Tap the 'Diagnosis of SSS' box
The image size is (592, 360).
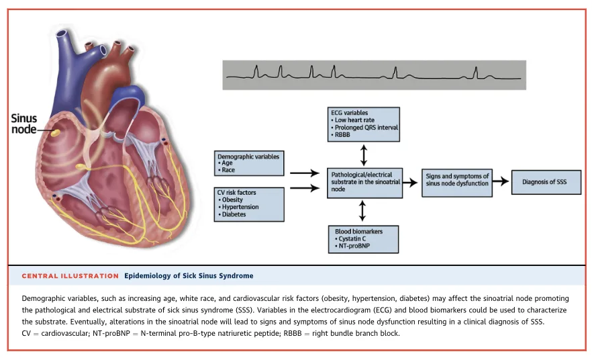[546, 182]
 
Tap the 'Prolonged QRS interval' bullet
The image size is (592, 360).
[366, 128]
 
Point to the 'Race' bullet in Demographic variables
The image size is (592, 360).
[228, 170]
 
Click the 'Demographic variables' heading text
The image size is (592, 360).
[248, 156]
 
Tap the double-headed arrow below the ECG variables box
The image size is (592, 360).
[364, 154]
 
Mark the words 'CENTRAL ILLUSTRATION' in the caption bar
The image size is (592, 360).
[70, 276]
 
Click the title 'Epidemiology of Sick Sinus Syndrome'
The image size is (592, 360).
[189, 276]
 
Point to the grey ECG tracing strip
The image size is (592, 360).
[373, 74]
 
